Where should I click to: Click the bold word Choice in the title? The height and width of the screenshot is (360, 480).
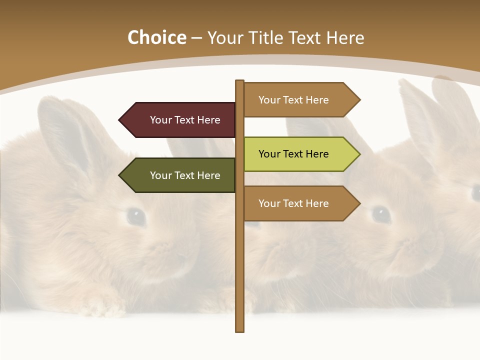[156, 37]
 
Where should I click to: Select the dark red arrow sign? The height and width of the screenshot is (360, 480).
[180, 120]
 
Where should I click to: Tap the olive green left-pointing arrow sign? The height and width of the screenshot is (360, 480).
[180, 175]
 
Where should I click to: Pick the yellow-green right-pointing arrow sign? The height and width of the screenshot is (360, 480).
[300, 154]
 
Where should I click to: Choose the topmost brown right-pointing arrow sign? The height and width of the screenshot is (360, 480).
[300, 100]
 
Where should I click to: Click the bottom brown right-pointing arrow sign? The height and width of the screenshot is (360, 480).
[300, 203]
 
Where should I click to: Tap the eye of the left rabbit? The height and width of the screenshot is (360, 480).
[135, 216]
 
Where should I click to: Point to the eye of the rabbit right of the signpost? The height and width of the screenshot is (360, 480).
[381, 214]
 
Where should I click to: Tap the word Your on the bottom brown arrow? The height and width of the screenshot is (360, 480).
[269, 203]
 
